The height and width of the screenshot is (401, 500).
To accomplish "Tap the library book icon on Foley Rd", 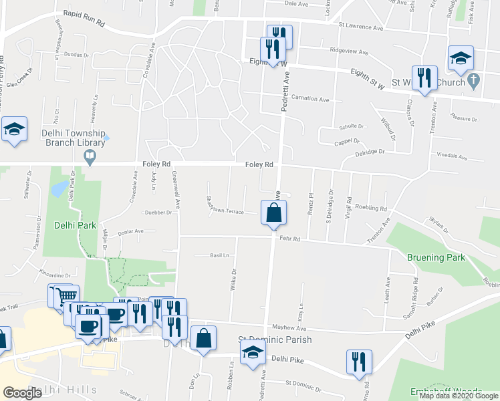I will pyautogui.click(x=89, y=157).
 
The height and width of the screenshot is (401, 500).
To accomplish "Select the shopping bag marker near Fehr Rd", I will pyautogui.click(x=273, y=214).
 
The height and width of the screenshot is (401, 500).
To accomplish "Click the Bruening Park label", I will pyautogui.click(x=436, y=257).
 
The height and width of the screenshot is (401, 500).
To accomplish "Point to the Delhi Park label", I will pyautogui.click(x=77, y=225).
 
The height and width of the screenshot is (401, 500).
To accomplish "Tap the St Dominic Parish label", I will pyautogui.click(x=275, y=340).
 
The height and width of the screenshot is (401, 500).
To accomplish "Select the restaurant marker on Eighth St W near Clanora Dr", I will pyautogui.click(x=424, y=78).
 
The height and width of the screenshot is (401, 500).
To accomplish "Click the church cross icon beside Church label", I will pyautogui.click(x=474, y=82).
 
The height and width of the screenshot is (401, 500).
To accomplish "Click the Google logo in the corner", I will pyautogui.click(x=23, y=392).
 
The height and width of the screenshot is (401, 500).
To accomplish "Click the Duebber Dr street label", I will pyautogui.click(x=158, y=213).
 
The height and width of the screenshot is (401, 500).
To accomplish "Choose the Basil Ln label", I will pyautogui.click(x=219, y=255).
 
